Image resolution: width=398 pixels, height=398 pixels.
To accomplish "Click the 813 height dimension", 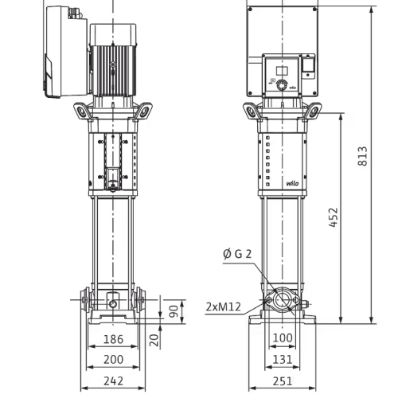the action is point(362,156).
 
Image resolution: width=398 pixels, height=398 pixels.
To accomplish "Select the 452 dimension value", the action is point(334,217).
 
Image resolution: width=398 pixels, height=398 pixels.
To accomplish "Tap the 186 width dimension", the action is point(113,339).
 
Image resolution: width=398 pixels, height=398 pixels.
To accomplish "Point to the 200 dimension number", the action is point(113,360).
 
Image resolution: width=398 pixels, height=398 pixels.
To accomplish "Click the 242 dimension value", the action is point(113,381).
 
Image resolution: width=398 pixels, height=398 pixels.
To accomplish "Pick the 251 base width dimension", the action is point(283,381).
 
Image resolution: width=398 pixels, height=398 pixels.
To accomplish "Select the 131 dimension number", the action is point(283,360).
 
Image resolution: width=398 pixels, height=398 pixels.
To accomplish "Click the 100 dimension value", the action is point(283,338).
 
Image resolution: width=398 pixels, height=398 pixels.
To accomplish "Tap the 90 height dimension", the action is point(174,311).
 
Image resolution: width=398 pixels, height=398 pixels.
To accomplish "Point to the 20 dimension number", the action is point(154,340).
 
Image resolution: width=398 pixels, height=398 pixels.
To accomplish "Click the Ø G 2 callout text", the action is point(237,254).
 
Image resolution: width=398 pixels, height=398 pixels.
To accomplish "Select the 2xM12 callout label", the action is point(224,307).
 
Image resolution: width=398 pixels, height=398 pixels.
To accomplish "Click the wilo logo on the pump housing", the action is point(292,184).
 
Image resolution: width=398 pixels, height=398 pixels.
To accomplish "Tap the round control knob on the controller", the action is point(282,85).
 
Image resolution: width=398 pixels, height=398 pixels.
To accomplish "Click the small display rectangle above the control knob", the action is point(282,71).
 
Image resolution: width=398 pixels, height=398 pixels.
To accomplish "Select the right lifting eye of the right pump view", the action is point(314,111).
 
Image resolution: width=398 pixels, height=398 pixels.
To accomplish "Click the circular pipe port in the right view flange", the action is point(282,300).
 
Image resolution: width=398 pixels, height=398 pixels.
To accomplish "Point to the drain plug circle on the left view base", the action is point(113,304).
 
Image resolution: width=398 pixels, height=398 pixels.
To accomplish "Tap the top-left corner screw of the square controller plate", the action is point(250,10).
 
